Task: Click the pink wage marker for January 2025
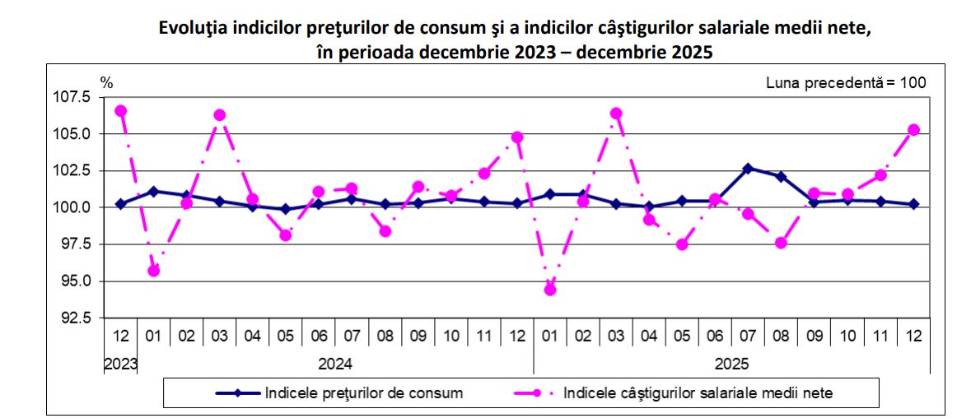[x=550, y=290]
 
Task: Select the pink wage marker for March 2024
[x=220, y=115]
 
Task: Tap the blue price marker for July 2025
[x=748, y=168]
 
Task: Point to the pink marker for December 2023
[x=120, y=110]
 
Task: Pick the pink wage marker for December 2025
[x=913, y=129]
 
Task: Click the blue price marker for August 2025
[x=782, y=176]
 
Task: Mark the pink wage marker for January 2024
[x=153, y=271]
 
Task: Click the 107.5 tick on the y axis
[x=74, y=97]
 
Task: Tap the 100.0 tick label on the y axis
[x=74, y=207]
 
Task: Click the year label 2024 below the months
[x=334, y=364]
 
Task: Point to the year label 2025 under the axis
[x=732, y=364]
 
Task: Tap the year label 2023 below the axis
[x=120, y=364]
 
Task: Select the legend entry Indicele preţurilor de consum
[x=363, y=392]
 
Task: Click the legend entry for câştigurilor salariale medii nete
[x=704, y=392]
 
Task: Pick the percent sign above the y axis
[x=106, y=82]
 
